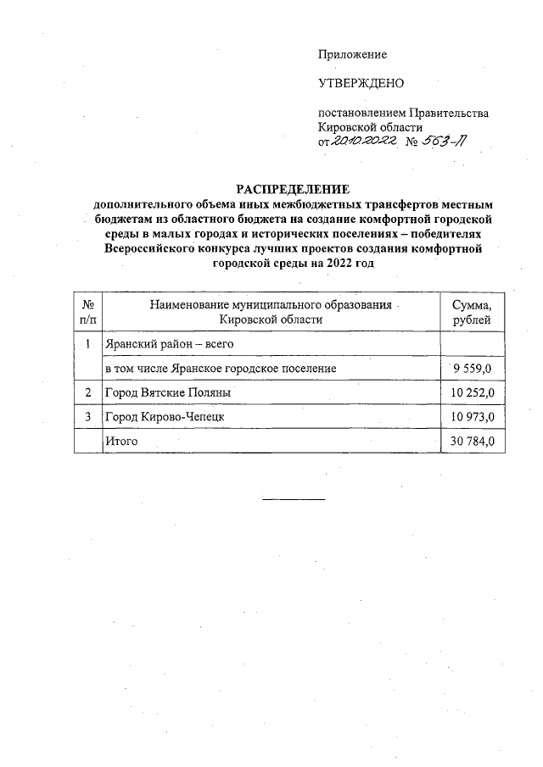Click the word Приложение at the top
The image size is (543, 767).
[x=352, y=54]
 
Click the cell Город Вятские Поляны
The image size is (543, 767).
[x=166, y=393]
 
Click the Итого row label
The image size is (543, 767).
[x=120, y=442]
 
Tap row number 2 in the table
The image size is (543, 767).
[x=87, y=393]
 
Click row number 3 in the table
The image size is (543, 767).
[x=87, y=418]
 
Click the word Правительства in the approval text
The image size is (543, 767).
[x=449, y=113]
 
